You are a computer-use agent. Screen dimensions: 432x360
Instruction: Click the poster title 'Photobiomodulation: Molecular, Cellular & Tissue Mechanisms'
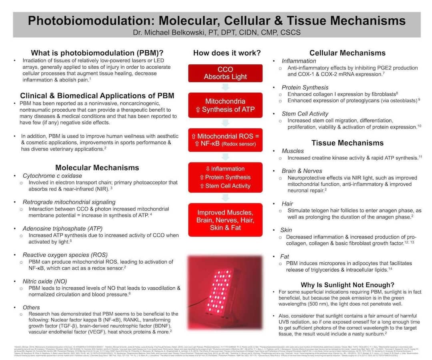[x=216, y=21]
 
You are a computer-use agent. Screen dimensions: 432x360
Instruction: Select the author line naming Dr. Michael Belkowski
[x=216, y=32]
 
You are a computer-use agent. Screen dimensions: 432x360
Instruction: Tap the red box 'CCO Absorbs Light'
[x=225, y=73]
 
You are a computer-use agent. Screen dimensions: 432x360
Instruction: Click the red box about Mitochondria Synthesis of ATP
[x=225, y=105]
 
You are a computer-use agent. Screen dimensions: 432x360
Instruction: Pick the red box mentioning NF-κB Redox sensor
[x=225, y=140]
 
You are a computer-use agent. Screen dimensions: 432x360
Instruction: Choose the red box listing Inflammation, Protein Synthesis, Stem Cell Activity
[x=225, y=177]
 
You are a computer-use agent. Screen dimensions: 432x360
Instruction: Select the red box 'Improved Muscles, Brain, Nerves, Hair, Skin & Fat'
[x=225, y=220]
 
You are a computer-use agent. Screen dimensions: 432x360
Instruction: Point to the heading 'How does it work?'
[x=227, y=53]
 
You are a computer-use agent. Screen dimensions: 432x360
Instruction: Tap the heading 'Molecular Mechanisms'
[x=97, y=168]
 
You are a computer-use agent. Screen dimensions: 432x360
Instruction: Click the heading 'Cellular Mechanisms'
[x=347, y=53]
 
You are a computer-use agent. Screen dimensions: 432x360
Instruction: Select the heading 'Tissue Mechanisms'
[x=347, y=143]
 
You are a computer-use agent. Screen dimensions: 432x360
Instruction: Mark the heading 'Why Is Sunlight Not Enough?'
[x=347, y=285]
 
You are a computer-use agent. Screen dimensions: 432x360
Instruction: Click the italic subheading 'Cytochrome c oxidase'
[x=52, y=176]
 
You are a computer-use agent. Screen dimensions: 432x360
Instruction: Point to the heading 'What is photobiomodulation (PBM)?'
[x=97, y=53]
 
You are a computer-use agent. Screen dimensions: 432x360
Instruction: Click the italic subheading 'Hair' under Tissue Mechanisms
[x=287, y=203]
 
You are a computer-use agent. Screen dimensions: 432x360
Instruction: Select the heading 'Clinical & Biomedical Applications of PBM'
[x=97, y=95]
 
